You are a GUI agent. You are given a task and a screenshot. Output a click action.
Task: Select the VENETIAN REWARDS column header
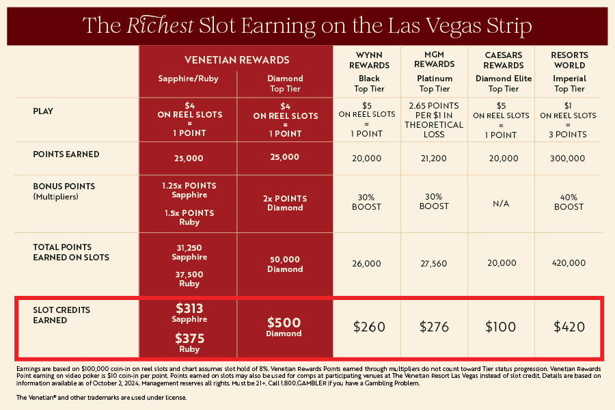coord(236,60)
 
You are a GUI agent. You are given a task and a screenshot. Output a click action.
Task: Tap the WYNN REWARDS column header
coord(368,60)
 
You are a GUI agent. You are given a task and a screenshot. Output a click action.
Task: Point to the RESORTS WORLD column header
coord(569,60)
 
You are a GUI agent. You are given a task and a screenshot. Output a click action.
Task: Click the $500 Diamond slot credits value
coord(284,327)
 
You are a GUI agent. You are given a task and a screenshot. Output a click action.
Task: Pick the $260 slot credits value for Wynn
coord(369,327)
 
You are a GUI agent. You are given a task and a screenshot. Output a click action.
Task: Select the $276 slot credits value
coord(434,327)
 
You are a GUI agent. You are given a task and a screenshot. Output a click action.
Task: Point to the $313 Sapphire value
coord(189,312)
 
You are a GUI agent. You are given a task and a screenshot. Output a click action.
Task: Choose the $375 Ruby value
coord(189,342)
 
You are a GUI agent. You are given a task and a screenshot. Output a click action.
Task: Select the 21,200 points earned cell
coord(434,158)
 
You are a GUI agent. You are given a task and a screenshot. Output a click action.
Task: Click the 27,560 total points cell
coord(434,263)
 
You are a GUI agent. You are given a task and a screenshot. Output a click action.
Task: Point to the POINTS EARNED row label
coord(66,154)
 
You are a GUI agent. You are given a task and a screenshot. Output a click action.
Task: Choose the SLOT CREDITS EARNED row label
coord(61,315)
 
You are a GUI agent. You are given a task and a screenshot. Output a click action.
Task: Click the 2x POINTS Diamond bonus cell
coord(284,203)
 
